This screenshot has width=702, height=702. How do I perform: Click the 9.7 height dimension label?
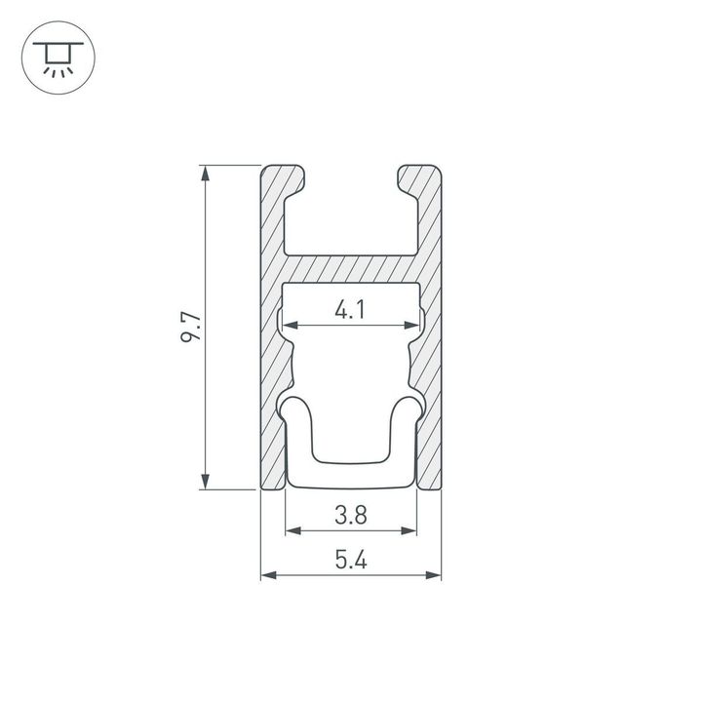191,327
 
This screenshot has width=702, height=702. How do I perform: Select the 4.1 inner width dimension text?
350,311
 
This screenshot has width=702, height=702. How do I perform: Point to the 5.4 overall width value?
350,561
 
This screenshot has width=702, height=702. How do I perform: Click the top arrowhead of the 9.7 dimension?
205,174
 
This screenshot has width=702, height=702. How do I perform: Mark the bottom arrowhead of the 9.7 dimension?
205,481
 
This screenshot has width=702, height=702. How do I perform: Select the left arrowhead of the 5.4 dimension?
267,575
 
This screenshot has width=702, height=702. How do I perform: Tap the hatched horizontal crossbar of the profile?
351,269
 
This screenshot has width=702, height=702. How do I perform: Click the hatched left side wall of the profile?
272,370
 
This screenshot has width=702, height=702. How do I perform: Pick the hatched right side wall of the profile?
430,370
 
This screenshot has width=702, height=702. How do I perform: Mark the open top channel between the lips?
351,214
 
